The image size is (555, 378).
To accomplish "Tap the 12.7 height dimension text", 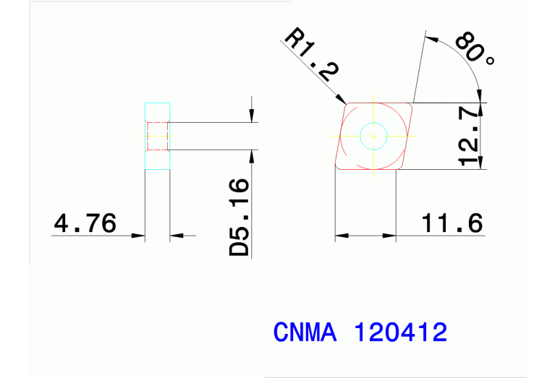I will (471, 136).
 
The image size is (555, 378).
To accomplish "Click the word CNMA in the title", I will (305, 332).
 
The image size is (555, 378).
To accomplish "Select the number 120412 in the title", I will (400, 332).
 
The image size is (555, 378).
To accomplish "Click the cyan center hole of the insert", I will (373, 136).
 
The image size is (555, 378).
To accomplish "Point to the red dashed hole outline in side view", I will (158, 136).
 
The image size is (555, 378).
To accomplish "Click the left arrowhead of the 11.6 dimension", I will (340, 235).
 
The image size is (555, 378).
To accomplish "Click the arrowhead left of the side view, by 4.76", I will (140, 235).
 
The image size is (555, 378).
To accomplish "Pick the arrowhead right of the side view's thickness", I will (176, 235).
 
